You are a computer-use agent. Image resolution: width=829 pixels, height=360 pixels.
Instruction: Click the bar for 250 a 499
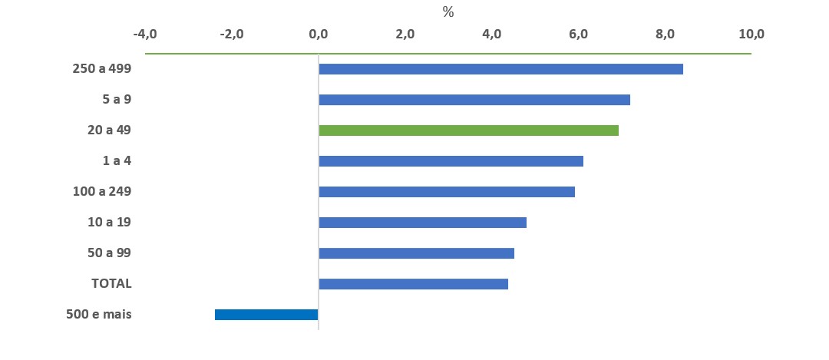click(500, 69)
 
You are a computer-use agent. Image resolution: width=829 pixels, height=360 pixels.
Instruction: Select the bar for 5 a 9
click(474, 100)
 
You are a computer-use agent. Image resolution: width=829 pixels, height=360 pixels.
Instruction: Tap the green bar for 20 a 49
click(468, 130)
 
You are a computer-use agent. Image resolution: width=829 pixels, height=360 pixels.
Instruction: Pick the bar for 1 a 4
click(451, 161)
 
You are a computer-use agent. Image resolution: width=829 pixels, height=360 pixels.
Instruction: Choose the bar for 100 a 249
click(447, 192)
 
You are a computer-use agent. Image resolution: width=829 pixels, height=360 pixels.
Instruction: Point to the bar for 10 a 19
click(422, 223)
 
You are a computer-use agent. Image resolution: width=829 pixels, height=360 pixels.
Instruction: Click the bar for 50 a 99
click(417, 253)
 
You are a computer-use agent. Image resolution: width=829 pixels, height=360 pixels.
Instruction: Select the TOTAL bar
click(414, 284)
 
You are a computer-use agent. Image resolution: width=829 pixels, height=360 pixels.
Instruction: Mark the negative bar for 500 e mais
click(266, 315)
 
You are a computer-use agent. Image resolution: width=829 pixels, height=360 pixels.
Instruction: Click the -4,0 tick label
click(145, 35)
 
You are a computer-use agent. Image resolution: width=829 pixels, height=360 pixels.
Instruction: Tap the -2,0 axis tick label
click(232, 35)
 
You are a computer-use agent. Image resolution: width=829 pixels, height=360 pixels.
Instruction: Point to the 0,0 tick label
click(319, 35)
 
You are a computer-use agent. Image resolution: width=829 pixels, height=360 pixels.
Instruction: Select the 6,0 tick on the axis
click(579, 35)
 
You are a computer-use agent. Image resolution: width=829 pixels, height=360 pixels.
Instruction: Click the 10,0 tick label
click(751, 35)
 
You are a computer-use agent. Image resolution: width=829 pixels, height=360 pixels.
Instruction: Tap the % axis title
click(448, 13)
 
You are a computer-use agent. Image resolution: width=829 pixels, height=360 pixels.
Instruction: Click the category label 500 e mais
click(99, 315)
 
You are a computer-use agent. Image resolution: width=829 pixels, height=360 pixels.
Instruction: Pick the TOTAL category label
click(111, 284)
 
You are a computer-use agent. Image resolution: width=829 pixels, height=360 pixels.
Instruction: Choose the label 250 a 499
click(102, 69)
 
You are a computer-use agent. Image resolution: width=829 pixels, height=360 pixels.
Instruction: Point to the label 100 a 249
click(102, 191)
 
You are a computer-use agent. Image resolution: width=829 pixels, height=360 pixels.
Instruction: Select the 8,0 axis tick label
click(665, 35)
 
